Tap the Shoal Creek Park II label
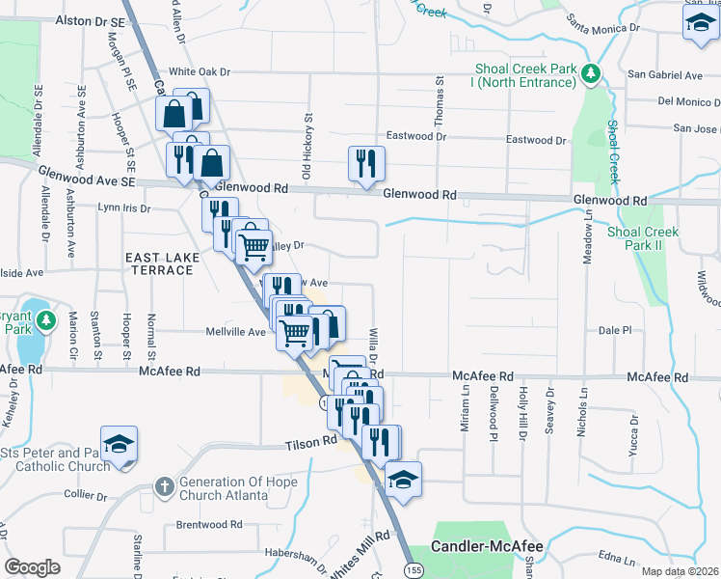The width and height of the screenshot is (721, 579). (643, 238)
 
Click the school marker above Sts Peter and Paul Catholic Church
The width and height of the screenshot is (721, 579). (120, 445)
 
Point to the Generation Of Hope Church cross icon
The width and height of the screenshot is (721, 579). (165, 487)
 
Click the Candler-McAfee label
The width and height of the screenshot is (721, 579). (487, 547)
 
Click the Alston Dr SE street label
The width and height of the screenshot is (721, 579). (91, 19)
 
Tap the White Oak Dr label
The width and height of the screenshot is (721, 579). (200, 71)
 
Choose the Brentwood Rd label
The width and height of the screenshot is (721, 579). (209, 525)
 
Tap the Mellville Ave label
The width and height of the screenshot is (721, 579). (235, 332)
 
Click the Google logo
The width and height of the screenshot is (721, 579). (32, 567)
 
